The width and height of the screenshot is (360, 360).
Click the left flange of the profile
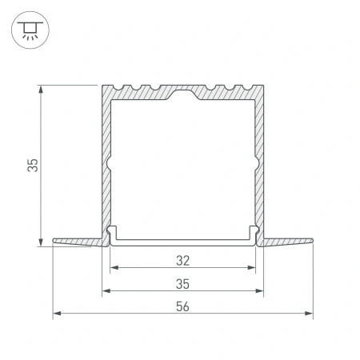tap(77, 241)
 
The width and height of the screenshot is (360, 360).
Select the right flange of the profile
tap(288, 241)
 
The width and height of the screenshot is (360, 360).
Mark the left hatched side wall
tap(104, 160)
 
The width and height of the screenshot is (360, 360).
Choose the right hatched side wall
tap(260, 160)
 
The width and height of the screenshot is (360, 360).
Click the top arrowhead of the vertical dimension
tap(40, 88)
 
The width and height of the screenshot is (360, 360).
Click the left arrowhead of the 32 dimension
tap(113, 269)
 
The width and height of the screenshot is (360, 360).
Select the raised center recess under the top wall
tap(182, 98)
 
